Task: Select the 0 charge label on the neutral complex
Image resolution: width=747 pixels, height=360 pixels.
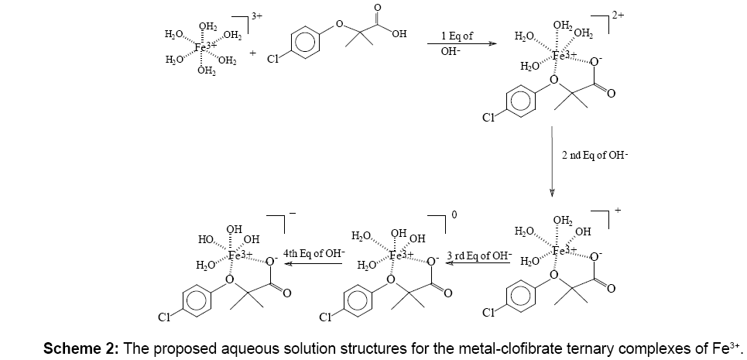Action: tap(454, 215)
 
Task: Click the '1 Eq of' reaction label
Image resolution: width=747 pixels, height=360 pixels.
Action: tap(457, 36)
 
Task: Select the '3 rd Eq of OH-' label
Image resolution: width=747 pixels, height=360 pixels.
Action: tap(478, 252)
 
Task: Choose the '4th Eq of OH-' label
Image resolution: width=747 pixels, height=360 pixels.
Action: tap(314, 252)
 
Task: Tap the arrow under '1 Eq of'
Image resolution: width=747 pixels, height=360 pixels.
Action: tap(462, 46)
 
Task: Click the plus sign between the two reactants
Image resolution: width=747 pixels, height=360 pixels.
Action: tap(253, 53)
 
